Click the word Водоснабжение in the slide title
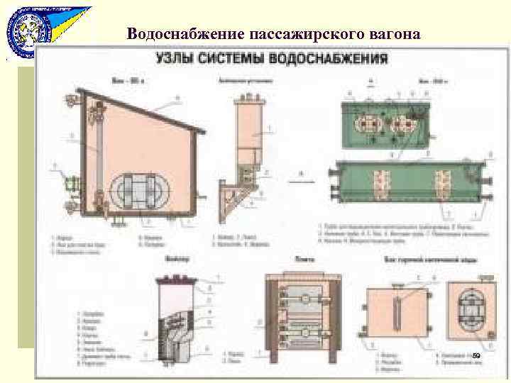coord(186,33)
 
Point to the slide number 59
coord(476,355)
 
